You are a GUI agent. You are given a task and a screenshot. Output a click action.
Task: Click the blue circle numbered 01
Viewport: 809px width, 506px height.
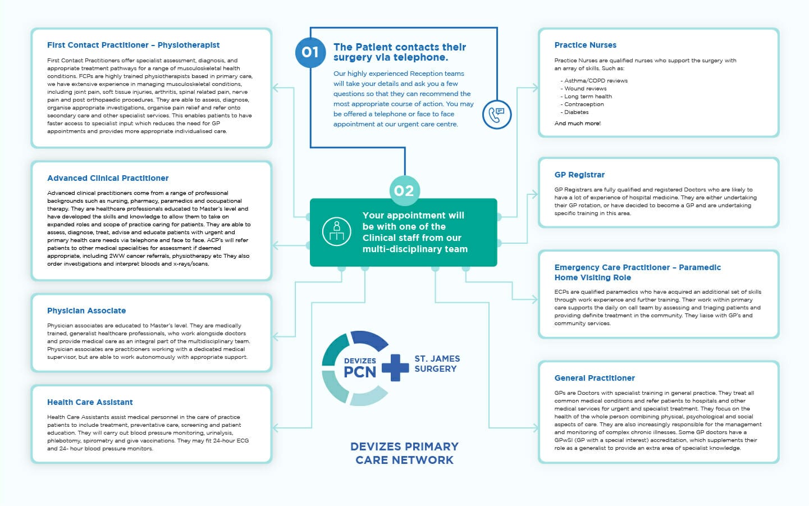[x=310, y=53]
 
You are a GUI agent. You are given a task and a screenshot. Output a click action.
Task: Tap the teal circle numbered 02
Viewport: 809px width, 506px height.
[x=404, y=191]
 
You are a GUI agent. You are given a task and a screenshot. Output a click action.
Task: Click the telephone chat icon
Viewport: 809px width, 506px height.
[x=497, y=115]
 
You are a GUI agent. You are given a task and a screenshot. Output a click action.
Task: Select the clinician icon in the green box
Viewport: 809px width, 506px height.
[x=337, y=231]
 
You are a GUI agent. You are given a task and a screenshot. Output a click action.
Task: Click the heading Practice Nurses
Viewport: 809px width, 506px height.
[x=585, y=45]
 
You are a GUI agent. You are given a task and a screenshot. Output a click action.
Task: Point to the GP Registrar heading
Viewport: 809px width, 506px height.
[x=579, y=175]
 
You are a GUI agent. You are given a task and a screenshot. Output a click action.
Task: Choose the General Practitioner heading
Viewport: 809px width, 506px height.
[x=595, y=378]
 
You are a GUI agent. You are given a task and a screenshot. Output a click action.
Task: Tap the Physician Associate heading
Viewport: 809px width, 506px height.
[x=86, y=311]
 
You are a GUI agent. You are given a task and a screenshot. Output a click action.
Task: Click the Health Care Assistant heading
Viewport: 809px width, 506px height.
[x=90, y=402]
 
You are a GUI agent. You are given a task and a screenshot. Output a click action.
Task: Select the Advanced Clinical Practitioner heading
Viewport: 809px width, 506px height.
[x=108, y=178]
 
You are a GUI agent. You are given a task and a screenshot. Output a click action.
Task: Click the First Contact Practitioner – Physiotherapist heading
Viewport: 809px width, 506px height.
[x=133, y=45]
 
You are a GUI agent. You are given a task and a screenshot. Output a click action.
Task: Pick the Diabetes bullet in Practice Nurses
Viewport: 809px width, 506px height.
[x=577, y=112]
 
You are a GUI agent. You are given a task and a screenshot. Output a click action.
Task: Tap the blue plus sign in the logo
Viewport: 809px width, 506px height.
[x=395, y=368]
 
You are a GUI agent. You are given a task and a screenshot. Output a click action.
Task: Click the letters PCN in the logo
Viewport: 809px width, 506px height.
[x=360, y=372]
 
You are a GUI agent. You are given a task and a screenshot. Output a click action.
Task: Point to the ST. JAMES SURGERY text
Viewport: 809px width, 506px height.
[x=437, y=363]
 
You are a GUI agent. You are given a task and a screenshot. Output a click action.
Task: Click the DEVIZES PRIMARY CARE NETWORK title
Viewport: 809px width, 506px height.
[x=404, y=453]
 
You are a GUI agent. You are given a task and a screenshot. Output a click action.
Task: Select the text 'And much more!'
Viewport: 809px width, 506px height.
[x=577, y=124]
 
